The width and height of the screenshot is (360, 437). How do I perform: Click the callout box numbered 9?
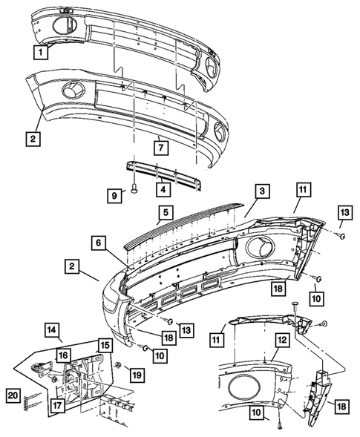point(115,195)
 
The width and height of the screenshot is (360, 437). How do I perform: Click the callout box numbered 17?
point(56,405)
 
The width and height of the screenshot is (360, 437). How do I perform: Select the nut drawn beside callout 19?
point(119,367)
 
